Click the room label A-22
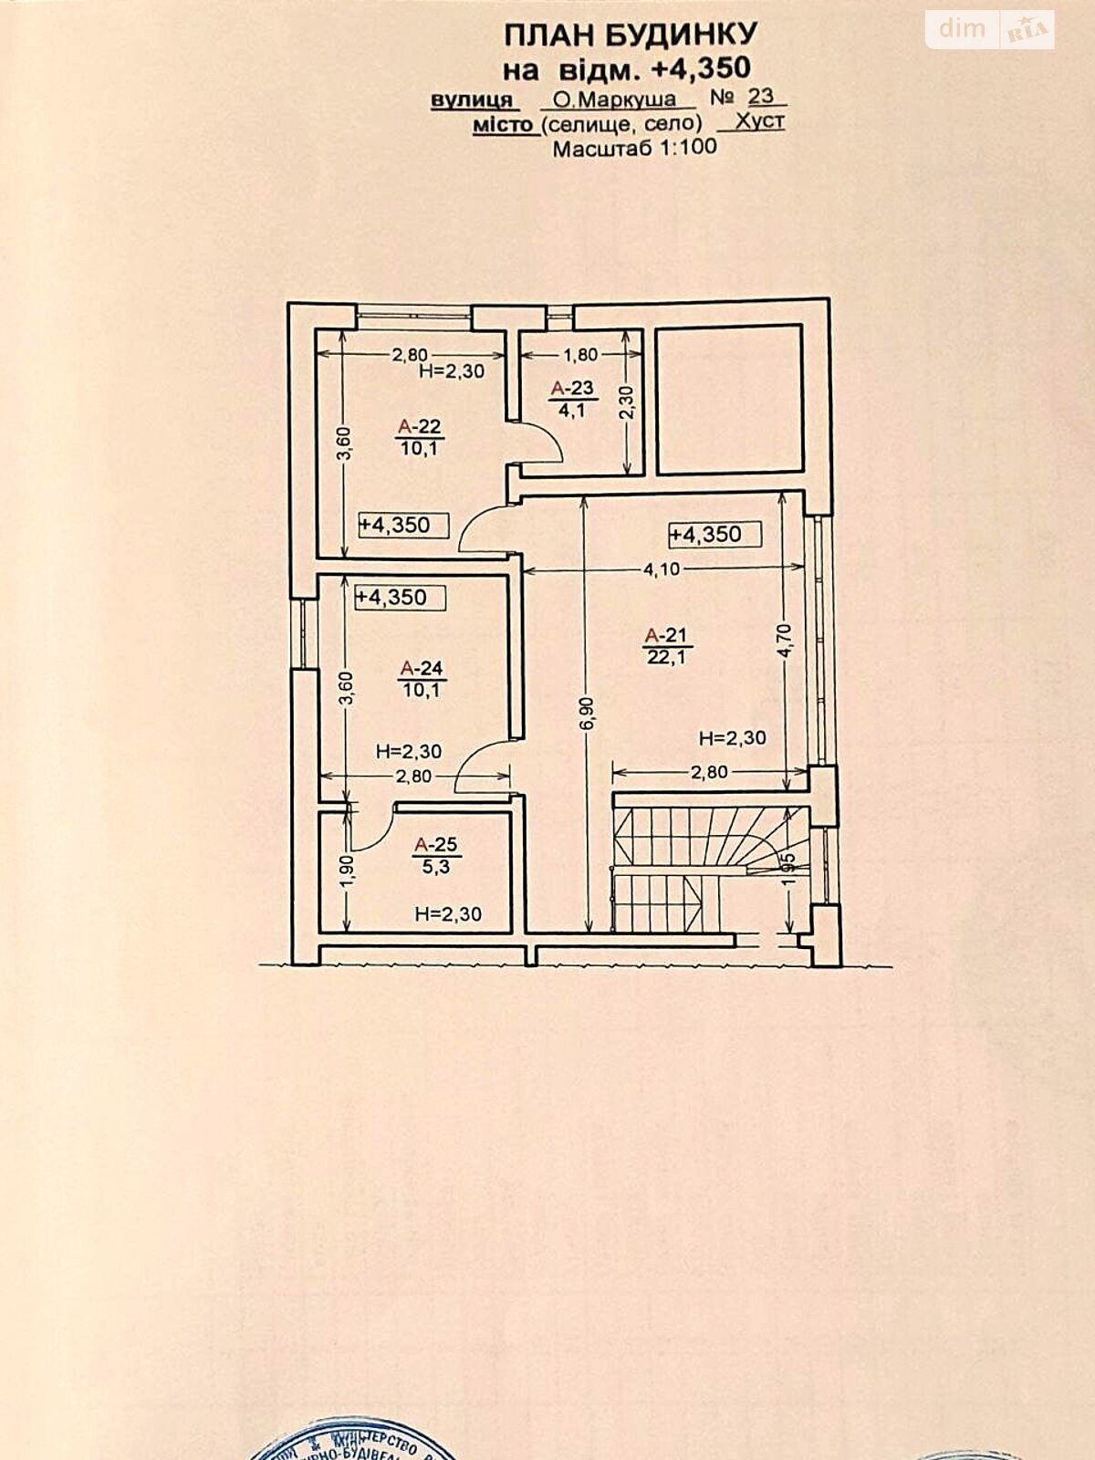pos(420,426)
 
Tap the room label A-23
pos(572,389)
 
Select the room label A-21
pos(665,635)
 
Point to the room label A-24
pos(421,669)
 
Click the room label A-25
pos(435,845)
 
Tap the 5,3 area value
pos(436,867)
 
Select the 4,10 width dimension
pos(662,569)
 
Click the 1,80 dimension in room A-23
pos(580,355)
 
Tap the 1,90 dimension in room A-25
pos(348,871)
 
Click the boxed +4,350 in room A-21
pos(714,534)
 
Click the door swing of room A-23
pos(540,445)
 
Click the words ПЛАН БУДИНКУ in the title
pos(631,35)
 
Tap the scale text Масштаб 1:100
pos(634,148)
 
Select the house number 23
pos(760,96)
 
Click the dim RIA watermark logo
pos(990,29)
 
